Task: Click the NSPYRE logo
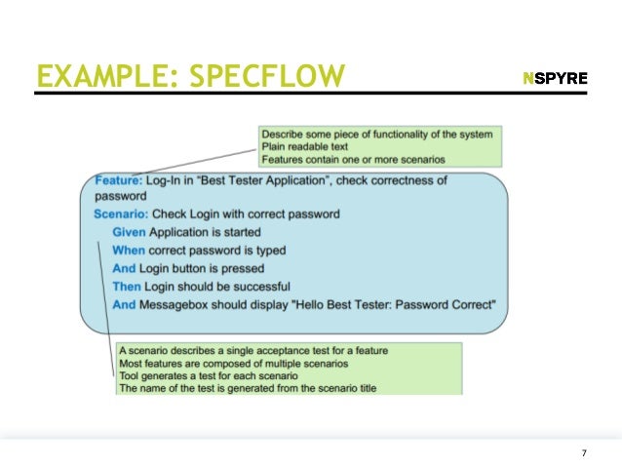pos(555,78)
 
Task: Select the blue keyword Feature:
pos(119,180)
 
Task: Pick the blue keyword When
pos(129,251)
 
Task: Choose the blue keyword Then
pos(127,287)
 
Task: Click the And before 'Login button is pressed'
pos(125,268)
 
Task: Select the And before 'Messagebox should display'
pos(125,304)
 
